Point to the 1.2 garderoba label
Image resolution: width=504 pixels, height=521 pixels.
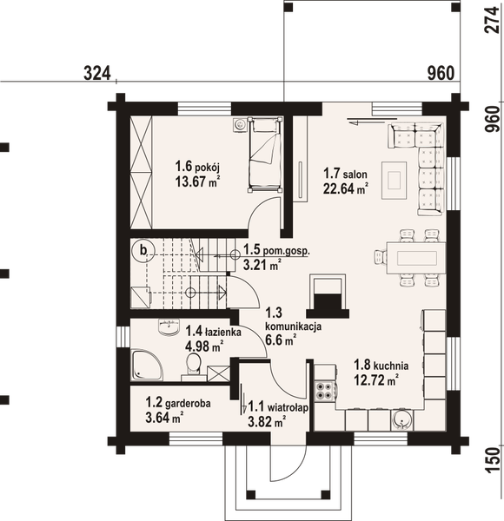(x=174, y=404)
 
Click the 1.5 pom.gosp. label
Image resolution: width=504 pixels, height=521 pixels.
(x=276, y=253)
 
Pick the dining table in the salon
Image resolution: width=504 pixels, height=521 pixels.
(x=410, y=256)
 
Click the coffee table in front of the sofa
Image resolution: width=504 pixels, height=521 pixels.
(x=395, y=177)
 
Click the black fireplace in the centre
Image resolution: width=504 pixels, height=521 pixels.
(x=327, y=304)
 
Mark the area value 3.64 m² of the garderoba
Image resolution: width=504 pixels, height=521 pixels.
(x=164, y=418)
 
